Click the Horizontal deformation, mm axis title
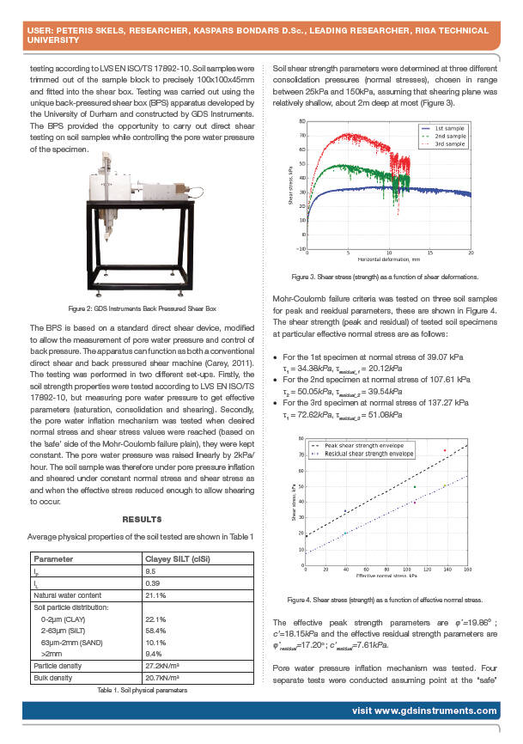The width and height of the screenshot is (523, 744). tap(389, 258)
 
